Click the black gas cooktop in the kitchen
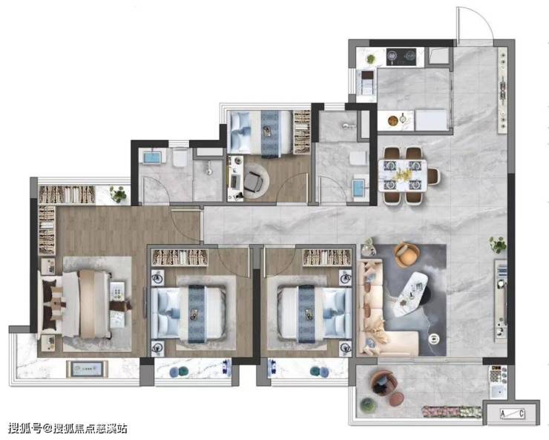click(401, 56)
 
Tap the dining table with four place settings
click(403, 175)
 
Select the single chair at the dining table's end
click(433, 176)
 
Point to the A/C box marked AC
click(512, 414)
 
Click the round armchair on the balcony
click(381, 384)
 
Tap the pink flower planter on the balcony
click(452, 412)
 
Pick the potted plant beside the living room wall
click(498, 245)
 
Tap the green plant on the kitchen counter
click(371, 59)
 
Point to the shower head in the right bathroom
click(348, 125)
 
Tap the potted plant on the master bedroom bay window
click(119, 194)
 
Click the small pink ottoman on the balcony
click(397, 399)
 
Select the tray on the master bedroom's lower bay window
click(88, 370)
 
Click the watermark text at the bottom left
click(68, 428)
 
